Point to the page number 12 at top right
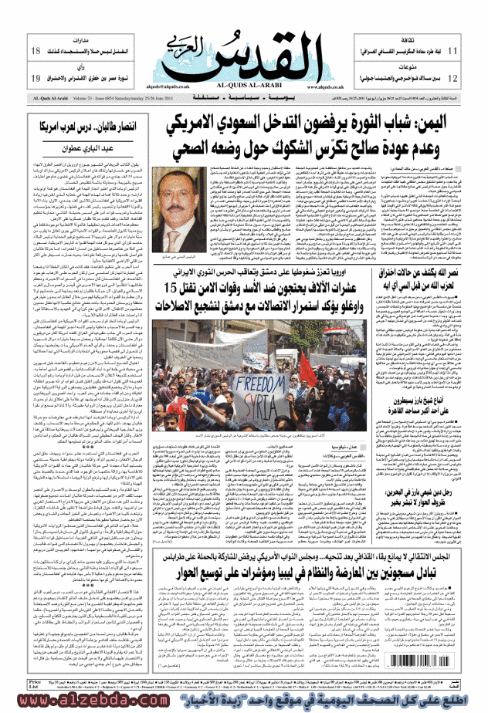click(453, 79)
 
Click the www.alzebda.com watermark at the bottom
click(77, 702)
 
